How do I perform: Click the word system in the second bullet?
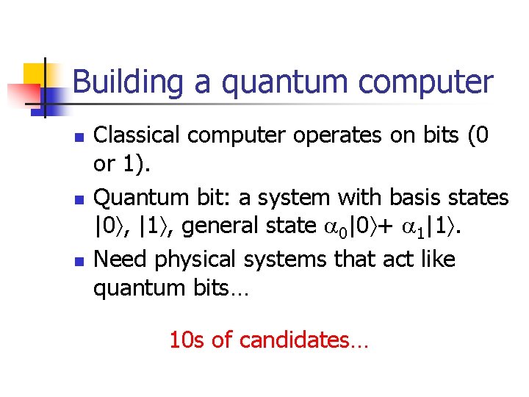pyautogui.click(x=293, y=197)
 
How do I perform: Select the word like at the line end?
pyautogui.click(x=436, y=259)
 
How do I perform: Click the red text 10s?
pyautogui.click(x=186, y=340)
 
